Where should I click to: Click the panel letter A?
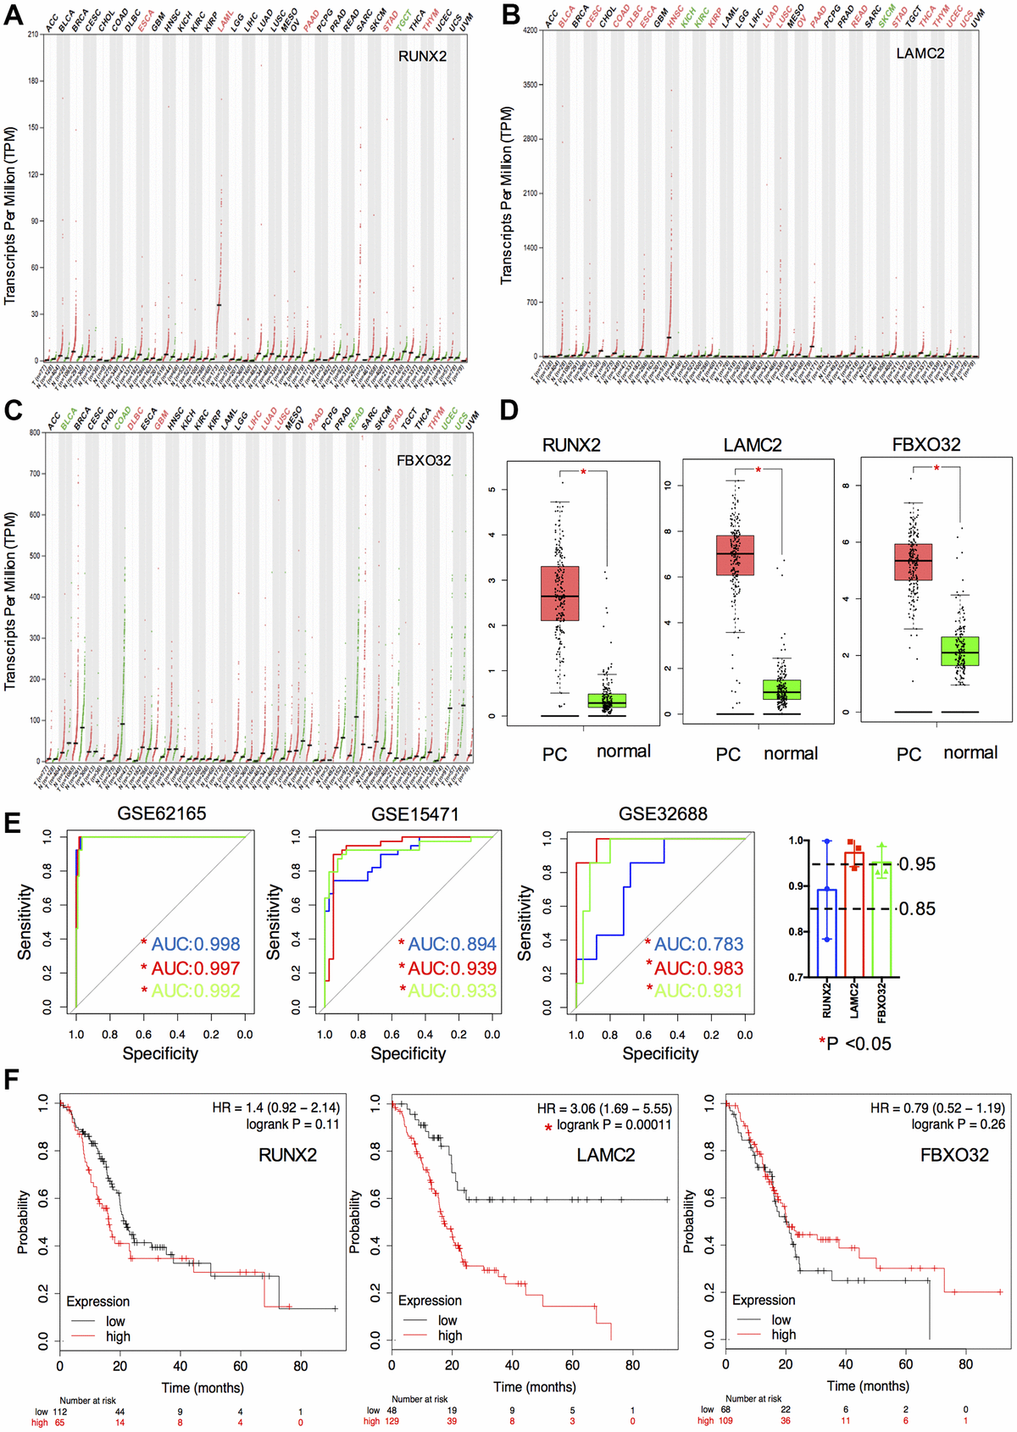[x=14, y=14]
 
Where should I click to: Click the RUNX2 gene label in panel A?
[x=422, y=57]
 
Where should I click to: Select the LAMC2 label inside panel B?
[x=920, y=53]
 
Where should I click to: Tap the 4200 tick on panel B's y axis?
[x=529, y=31]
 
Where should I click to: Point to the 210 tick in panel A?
[x=32, y=35]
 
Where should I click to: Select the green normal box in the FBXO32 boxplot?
[x=959, y=651]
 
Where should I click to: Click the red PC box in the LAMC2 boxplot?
[x=735, y=555]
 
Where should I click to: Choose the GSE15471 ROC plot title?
[x=414, y=814]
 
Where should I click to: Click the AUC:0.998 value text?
[x=196, y=944]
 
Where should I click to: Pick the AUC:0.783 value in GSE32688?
[x=699, y=944]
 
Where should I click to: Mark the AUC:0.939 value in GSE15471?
[x=453, y=968]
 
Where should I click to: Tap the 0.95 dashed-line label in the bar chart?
[x=917, y=864]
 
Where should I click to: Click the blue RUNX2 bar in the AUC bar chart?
[x=827, y=932]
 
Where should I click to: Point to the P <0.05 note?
[x=858, y=1044]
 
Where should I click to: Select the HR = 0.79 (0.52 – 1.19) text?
[x=937, y=1108]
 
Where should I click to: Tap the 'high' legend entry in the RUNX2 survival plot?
[x=118, y=1336]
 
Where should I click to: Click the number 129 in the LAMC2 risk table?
[x=396, y=1421]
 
